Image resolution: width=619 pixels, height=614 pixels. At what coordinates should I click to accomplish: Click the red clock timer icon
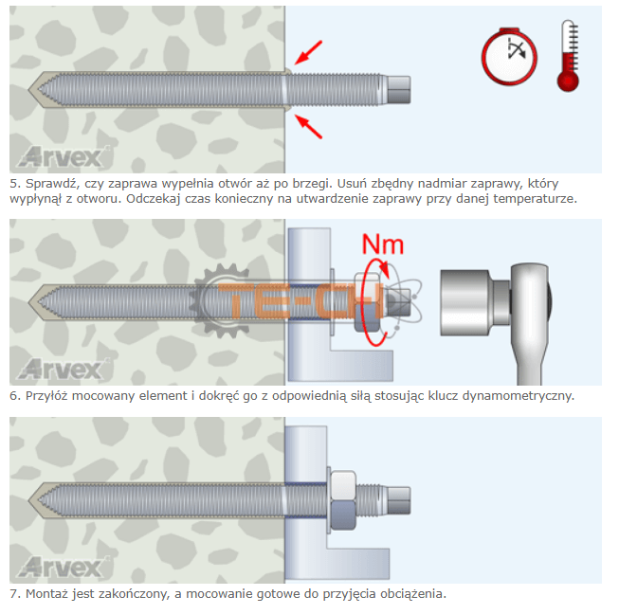(x=509, y=56)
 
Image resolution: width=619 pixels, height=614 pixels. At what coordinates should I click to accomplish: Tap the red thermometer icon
(x=569, y=56)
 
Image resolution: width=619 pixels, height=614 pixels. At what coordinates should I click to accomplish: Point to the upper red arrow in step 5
(x=309, y=52)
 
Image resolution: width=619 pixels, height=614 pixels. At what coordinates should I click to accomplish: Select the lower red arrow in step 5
(x=309, y=126)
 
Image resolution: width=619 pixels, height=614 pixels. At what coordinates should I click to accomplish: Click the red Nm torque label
(x=383, y=244)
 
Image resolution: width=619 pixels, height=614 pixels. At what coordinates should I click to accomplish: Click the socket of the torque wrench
(x=465, y=302)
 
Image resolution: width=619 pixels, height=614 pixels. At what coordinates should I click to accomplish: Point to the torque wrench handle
(x=530, y=324)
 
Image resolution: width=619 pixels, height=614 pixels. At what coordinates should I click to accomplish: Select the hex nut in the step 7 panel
(x=342, y=500)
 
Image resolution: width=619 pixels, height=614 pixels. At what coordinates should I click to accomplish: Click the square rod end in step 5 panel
(x=399, y=90)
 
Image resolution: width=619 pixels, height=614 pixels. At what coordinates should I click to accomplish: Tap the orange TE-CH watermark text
(x=300, y=300)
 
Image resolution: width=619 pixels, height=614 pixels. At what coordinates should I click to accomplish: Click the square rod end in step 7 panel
(x=399, y=500)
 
